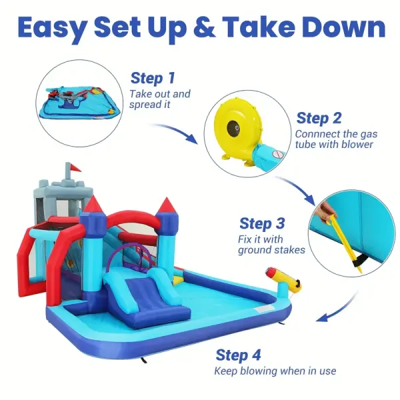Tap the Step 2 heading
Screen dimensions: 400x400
(x=319, y=118)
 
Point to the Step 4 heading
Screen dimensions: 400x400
(x=239, y=354)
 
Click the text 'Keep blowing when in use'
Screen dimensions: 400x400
(x=275, y=371)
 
